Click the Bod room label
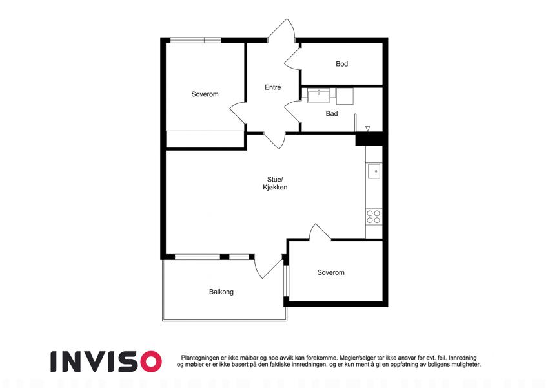click(342, 64)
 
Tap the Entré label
click(272, 87)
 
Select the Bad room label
click(332, 113)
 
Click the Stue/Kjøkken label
click(275, 184)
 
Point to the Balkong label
click(221, 292)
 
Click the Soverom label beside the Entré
click(205, 94)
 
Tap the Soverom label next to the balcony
click(330, 272)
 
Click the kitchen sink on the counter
click(374, 171)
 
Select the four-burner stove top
click(374, 217)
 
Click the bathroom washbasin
click(318, 95)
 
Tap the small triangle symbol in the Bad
click(368, 129)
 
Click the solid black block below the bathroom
click(369, 139)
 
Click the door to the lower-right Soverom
click(320, 232)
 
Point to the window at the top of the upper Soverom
click(196, 40)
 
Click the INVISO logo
click(106, 361)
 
